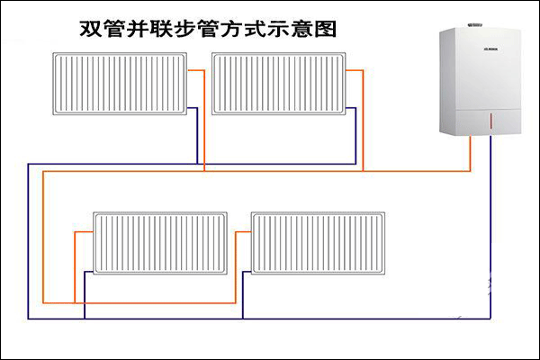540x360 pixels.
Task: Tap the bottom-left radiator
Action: coord(160,243)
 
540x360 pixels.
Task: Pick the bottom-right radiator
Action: coord(316,243)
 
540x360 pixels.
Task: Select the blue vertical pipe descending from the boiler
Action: coord(492,225)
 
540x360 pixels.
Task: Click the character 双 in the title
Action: coord(92,28)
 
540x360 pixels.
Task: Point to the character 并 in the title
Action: coord(146,28)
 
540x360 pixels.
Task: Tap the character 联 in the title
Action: coord(173,28)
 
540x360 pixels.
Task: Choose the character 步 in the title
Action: coord(200,28)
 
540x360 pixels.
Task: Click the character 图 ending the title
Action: coord(326,28)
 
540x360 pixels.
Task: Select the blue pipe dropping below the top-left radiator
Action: coord(197,139)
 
